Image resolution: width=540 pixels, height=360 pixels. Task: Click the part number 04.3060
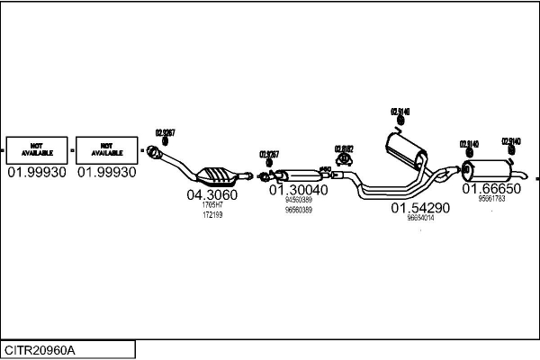[211, 194]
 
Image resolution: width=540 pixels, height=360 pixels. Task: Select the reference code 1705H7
[212, 205]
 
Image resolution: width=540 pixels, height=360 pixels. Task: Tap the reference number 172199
[212, 214]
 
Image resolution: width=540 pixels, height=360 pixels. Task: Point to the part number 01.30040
[298, 190]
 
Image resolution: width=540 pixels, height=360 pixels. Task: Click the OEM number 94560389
[298, 200]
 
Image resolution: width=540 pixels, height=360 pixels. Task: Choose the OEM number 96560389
[298, 210]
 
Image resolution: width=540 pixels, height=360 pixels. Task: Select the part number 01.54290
[419, 208]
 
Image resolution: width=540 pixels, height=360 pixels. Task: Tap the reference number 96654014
[420, 218]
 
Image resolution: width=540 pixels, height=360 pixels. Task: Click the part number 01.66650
[491, 189]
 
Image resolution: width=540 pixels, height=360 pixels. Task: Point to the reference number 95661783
[491, 199]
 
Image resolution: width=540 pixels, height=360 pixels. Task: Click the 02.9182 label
[344, 148]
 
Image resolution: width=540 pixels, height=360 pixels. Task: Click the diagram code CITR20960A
[40, 349]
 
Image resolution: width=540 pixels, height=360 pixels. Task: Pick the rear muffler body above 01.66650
[491, 169]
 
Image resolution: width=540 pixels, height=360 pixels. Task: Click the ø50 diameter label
[326, 168]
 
